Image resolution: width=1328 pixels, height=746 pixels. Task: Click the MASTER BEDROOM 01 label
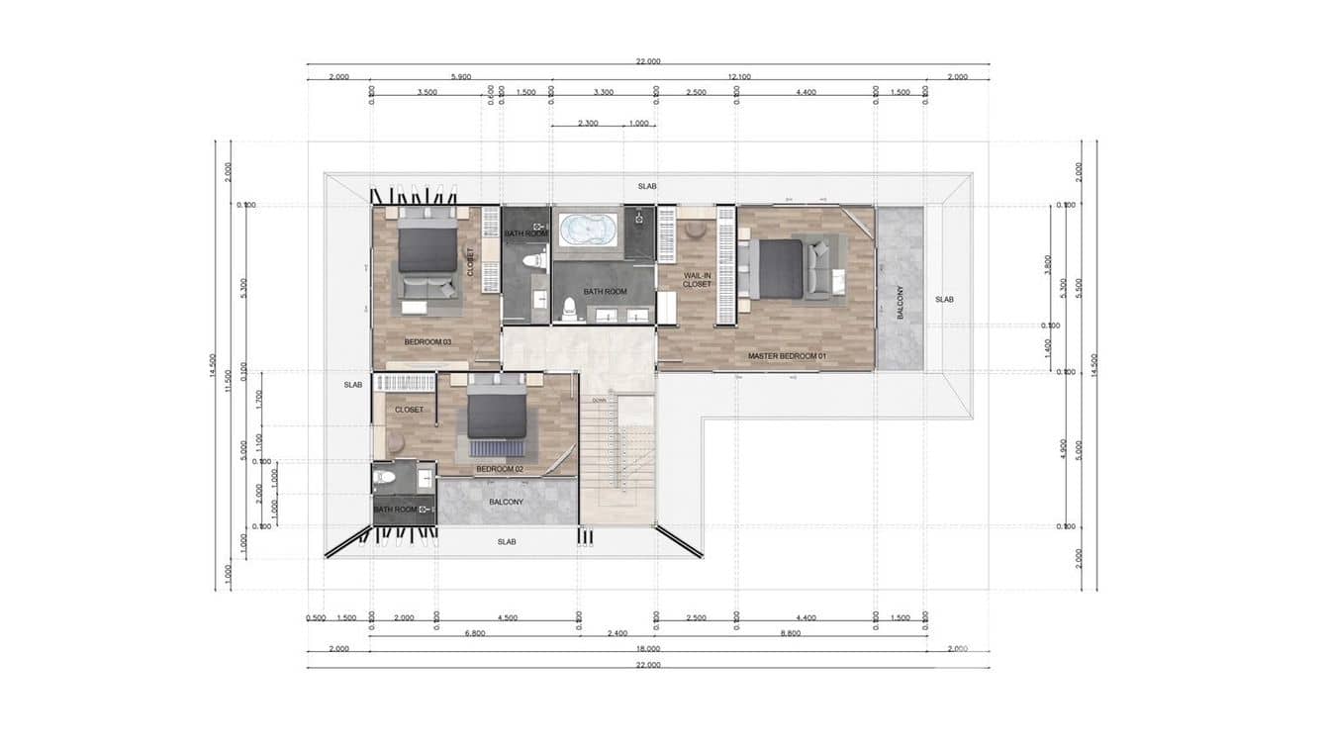pyautogui.click(x=787, y=356)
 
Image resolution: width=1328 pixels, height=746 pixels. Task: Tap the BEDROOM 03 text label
pyautogui.click(x=427, y=342)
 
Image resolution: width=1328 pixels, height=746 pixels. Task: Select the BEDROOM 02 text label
pyautogui.click(x=500, y=469)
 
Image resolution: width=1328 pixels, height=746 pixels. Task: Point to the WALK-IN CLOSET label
pyautogui.click(x=698, y=279)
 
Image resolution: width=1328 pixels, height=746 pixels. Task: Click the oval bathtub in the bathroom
pyautogui.click(x=589, y=231)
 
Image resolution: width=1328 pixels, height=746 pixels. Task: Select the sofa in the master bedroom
pyautogui.click(x=820, y=268)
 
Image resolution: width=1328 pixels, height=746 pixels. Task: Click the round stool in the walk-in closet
pyautogui.click(x=696, y=230)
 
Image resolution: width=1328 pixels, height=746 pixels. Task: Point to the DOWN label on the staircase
pyautogui.click(x=599, y=400)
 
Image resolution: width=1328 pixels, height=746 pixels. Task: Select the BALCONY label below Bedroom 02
pyautogui.click(x=506, y=503)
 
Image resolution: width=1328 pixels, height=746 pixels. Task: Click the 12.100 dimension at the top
pyautogui.click(x=738, y=77)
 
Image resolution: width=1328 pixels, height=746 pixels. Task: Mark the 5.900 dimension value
pyautogui.click(x=460, y=77)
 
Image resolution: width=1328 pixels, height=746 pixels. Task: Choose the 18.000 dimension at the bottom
pyautogui.click(x=648, y=650)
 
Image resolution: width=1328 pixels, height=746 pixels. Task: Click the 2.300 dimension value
pyautogui.click(x=588, y=124)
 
